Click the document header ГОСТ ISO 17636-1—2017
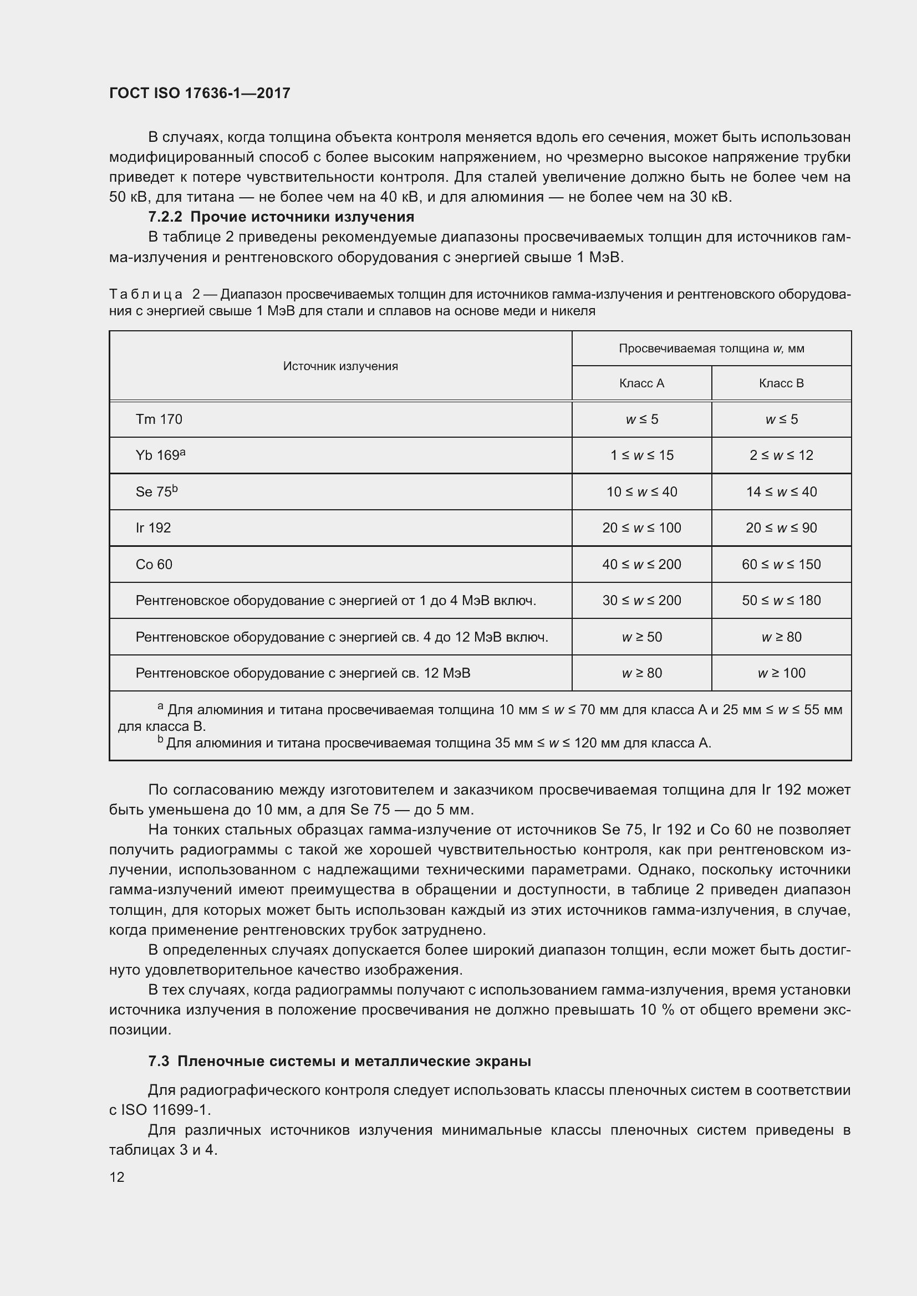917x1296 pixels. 200,93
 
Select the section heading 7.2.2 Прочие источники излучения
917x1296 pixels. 281,217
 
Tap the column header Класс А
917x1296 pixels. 641,383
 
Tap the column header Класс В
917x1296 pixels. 781,383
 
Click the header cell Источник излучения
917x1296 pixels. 340,366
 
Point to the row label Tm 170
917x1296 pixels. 159,419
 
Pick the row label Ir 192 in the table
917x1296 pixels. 153,528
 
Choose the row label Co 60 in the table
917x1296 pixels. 154,564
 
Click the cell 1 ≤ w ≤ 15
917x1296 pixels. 641,455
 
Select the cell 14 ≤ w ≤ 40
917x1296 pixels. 781,491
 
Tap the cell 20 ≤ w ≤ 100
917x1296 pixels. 641,528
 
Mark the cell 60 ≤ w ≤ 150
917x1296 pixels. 781,564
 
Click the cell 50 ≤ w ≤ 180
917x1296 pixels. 781,600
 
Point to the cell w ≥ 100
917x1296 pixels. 781,673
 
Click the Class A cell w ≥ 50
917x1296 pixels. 641,637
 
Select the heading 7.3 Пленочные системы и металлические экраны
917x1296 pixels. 339,1061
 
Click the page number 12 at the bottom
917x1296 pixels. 117,1177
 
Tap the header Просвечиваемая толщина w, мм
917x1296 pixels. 711,349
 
